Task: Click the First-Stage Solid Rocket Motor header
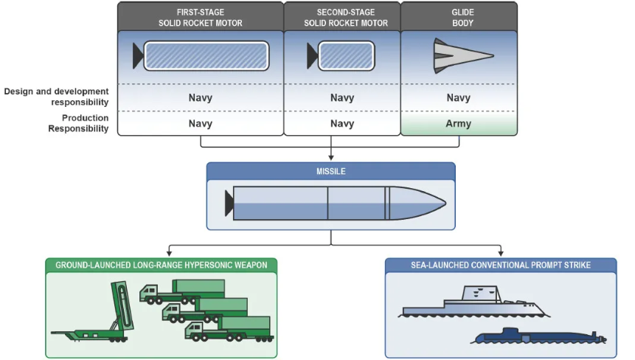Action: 201,18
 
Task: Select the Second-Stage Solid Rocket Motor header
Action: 346,18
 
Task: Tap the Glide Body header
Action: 462,18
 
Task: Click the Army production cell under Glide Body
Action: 459,123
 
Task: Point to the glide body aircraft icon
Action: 463,56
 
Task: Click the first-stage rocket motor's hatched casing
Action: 207,56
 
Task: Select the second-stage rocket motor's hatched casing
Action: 346,56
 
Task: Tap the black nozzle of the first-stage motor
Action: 138,56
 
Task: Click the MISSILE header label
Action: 331,171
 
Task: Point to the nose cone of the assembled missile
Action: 417,204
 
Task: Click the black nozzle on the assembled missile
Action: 229,204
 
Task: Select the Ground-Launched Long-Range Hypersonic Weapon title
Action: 162,266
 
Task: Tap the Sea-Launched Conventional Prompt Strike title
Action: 501,266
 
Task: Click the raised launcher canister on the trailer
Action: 122,305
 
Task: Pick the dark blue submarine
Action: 538,336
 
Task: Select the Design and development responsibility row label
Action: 56,97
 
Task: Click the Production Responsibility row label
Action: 79,123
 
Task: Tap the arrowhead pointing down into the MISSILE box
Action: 331,158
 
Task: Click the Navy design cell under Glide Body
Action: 459,97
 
